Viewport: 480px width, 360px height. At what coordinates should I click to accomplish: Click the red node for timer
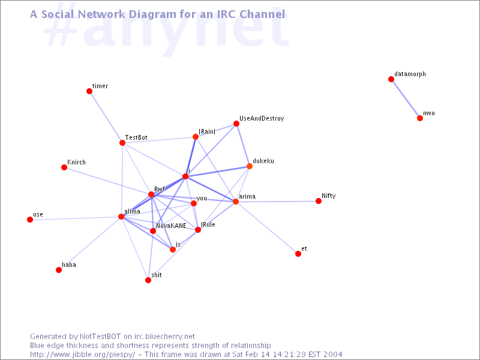coord(89,91)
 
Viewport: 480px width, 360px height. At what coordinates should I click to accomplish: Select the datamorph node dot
coord(391,79)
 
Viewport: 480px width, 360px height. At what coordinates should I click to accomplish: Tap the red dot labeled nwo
coord(420,118)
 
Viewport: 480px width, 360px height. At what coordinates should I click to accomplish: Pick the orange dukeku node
coord(250,166)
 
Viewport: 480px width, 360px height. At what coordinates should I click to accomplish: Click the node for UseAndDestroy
coord(236,124)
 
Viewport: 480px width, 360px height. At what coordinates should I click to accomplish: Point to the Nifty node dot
coord(319,201)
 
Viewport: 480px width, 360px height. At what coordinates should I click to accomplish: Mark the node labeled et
coord(298,254)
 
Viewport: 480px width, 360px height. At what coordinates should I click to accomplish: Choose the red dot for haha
coord(59,270)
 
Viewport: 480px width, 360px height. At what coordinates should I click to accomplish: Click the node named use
coord(30,220)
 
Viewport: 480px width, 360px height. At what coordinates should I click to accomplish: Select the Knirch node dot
coord(64,167)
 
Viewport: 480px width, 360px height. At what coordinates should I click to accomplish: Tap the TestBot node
coord(122,143)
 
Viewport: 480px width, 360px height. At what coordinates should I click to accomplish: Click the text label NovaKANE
coord(171,226)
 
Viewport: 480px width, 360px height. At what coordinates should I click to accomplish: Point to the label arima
coord(247,197)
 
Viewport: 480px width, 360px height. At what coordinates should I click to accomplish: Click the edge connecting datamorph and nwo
coord(406,99)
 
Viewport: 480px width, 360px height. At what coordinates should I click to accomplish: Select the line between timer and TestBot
coord(106,117)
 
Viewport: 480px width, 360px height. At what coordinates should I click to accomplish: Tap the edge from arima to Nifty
coord(277,202)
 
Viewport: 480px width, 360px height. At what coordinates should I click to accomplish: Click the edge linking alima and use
coord(76,218)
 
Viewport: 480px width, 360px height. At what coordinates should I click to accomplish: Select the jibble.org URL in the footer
coord(83,355)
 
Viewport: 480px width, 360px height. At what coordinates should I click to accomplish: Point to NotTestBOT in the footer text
coord(100,337)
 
